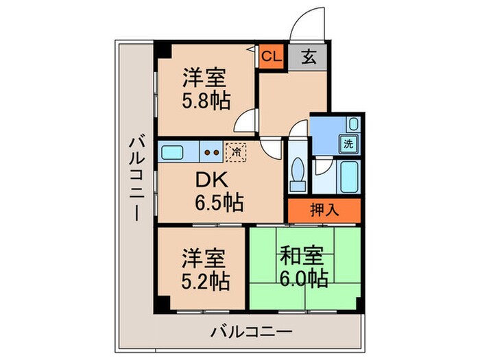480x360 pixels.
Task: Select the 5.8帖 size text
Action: pyautogui.click(x=206, y=101)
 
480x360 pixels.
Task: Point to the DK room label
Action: pyautogui.click(x=213, y=180)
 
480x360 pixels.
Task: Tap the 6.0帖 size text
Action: pyautogui.click(x=303, y=278)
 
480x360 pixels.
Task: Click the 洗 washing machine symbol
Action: pyautogui.click(x=349, y=145)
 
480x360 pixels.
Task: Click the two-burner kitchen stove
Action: pyautogui.click(x=212, y=152)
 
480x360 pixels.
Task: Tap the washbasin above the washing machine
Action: pyautogui.click(x=352, y=125)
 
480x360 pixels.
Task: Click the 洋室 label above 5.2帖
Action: pyautogui.click(x=204, y=260)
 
